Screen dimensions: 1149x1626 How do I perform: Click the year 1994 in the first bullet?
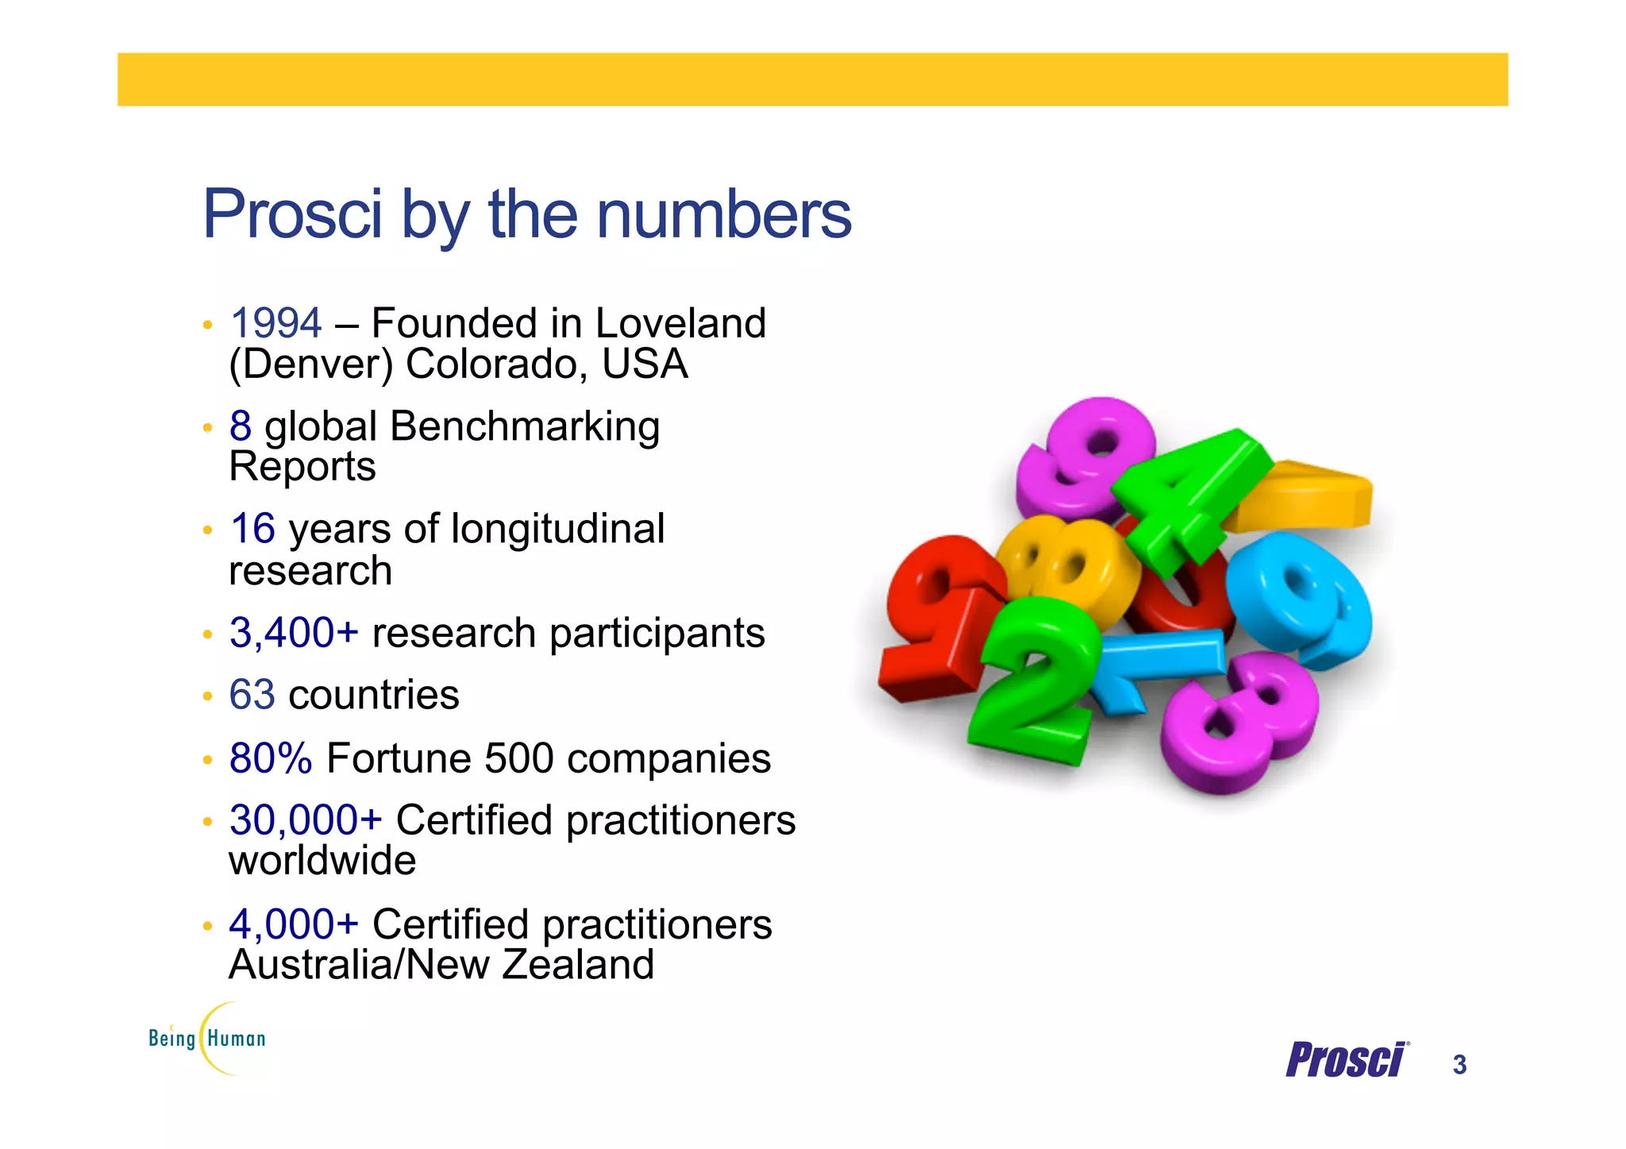(x=275, y=323)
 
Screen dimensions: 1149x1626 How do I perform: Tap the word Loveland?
(x=680, y=323)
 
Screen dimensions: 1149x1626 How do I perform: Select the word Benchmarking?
(x=525, y=426)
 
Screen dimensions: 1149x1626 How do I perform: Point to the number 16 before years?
(x=252, y=529)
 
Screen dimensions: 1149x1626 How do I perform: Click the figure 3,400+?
(x=294, y=633)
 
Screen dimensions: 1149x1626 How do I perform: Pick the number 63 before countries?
(x=252, y=695)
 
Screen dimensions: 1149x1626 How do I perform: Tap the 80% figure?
(x=271, y=758)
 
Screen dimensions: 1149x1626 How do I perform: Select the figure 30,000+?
(x=306, y=820)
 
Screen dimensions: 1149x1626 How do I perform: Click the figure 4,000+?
(x=294, y=924)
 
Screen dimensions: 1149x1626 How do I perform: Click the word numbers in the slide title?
(x=723, y=214)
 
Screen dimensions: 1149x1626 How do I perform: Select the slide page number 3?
(x=1459, y=1064)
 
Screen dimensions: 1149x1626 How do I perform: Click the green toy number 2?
(x=1032, y=679)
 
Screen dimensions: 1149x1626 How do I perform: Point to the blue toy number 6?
(x=1298, y=596)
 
